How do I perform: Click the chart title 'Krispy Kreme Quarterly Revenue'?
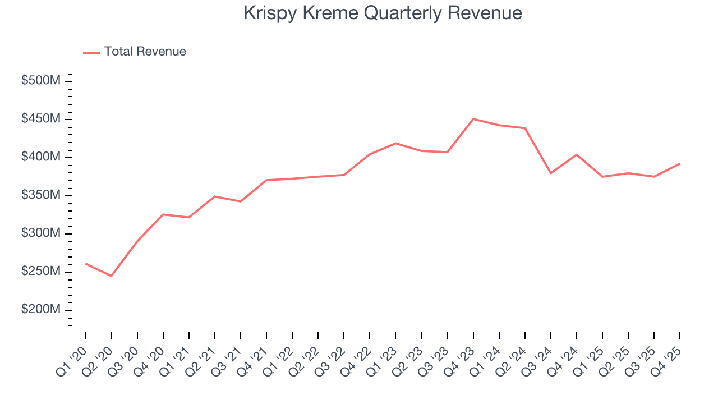[383, 13]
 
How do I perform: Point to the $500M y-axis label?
[40, 81]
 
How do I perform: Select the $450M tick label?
[40, 119]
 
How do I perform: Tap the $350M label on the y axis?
[40, 195]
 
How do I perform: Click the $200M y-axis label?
[40, 310]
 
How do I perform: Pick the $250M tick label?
[40, 272]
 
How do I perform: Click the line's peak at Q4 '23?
[473, 119]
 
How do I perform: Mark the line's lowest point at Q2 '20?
[111, 276]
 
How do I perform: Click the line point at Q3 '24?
[551, 173]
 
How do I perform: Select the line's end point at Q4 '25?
[680, 164]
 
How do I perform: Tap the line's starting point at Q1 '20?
[85, 263]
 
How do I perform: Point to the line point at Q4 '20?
[163, 214]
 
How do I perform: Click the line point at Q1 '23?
[395, 143]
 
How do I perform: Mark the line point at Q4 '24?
[577, 154]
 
